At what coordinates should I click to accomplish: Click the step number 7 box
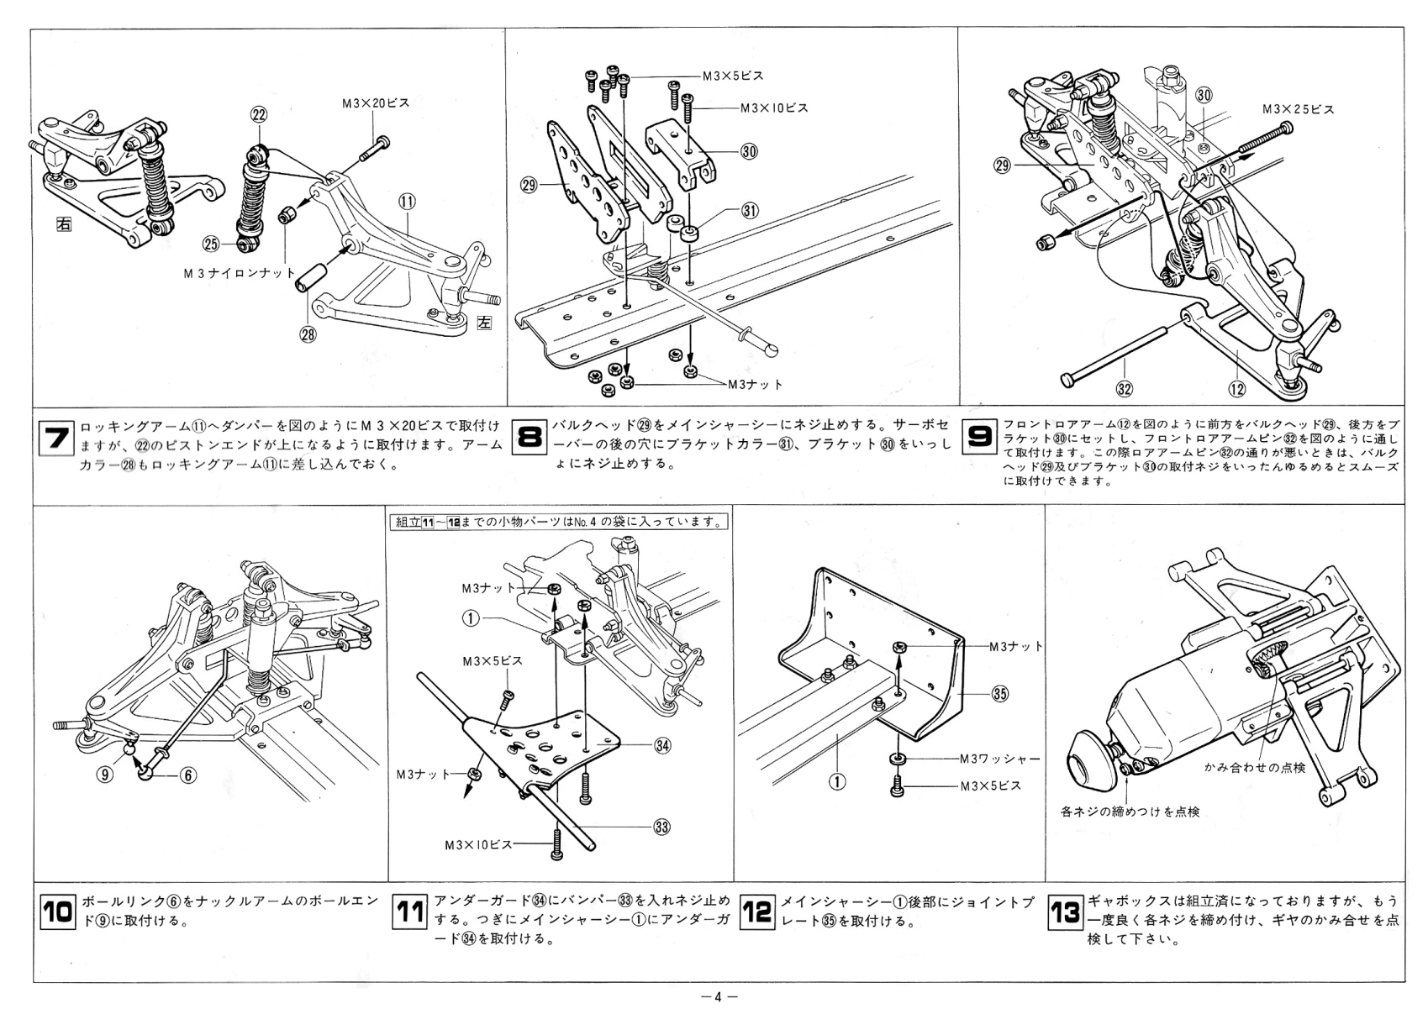pos(56,439)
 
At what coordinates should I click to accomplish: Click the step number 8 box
pos(530,439)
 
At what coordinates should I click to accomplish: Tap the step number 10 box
pos(56,912)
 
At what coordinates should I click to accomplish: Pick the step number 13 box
pos(1065,912)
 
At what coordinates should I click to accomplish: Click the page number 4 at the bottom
pos(718,997)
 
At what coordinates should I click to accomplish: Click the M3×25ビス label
pos(1298,109)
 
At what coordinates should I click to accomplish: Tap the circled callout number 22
pos(258,115)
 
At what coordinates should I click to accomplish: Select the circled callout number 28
pos(308,334)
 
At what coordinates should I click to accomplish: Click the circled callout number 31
pos(751,211)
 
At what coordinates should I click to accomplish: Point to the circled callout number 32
pos(1124,388)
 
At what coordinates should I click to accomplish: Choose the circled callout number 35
pos(999,694)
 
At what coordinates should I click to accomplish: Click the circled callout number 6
pos(187,775)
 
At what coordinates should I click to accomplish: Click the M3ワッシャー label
pos(1000,759)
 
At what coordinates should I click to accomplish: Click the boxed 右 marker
pos(64,224)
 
